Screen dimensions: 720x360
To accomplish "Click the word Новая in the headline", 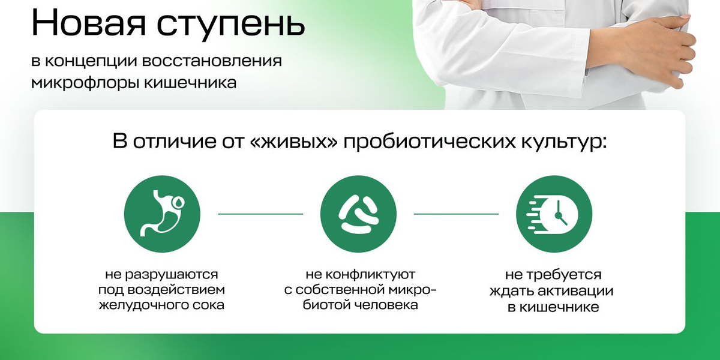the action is (x=89, y=23).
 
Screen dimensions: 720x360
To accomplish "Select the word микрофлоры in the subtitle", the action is (x=85, y=83).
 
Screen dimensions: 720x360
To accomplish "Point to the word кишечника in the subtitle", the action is (x=190, y=82).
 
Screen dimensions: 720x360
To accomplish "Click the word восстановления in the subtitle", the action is (x=211, y=61).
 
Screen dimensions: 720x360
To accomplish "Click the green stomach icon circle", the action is (x=162, y=214).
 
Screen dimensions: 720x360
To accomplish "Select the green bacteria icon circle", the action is (x=358, y=214).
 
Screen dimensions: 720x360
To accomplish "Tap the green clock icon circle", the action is (x=554, y=214).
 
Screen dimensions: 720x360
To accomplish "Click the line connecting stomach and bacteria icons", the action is (x=260, y=214).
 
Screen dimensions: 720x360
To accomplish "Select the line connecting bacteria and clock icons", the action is (x=456, y=214).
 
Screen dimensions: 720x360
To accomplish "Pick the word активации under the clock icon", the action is (x=575, y=291).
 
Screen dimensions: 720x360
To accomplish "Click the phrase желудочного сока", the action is (x=161, y=305).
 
